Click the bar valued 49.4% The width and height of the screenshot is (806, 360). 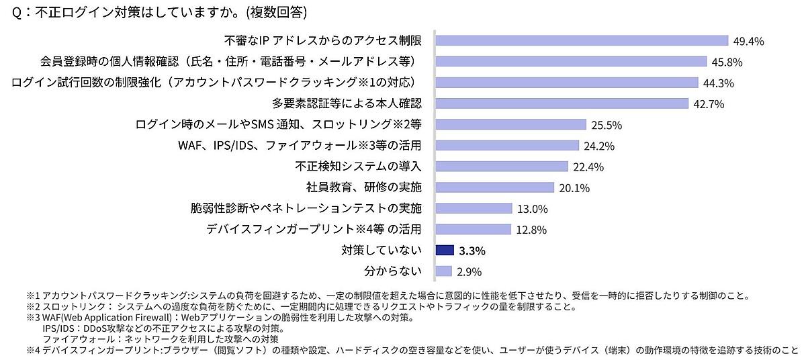[582, 41]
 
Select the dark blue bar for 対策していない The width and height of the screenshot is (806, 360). [445, 251]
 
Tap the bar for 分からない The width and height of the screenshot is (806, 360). [443, 271]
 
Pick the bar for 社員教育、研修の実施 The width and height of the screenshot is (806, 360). [494, 187]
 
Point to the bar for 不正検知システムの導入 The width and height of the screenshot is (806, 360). [501, 167]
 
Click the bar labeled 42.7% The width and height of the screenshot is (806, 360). [562, 103]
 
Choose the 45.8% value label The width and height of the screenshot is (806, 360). [728, 62]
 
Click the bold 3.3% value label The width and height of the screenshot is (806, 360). [472, 251]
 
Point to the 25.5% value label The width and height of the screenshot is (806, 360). [607, 125]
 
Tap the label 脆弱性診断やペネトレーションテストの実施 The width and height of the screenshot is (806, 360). [306, 208]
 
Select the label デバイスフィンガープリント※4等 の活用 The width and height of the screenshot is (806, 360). [314, 230]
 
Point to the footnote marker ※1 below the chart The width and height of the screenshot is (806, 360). [34, 296]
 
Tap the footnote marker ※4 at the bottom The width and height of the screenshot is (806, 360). [34, 351]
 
